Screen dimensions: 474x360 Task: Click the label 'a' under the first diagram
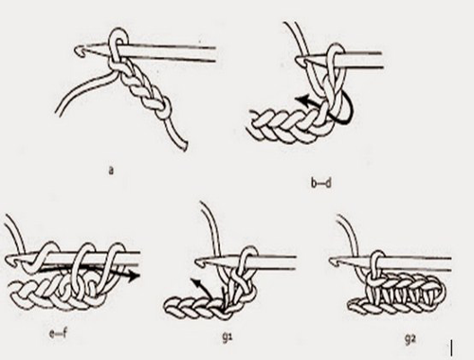[x=111, y=171]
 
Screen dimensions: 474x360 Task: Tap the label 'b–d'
[x=320, y=183]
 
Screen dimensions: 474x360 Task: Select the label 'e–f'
[x=58, y=333]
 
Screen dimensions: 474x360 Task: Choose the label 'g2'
[x=410, y=339]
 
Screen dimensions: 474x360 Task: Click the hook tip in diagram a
[x=78, y=50]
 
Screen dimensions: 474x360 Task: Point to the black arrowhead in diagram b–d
[x=301, y=100]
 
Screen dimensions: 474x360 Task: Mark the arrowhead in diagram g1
[x=195, y=281]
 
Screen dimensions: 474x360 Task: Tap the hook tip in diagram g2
[x=333, y=261]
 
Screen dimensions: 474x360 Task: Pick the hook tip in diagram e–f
[x=8, y=261]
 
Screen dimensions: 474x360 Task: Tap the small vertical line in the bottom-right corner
[x=453, y=349]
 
